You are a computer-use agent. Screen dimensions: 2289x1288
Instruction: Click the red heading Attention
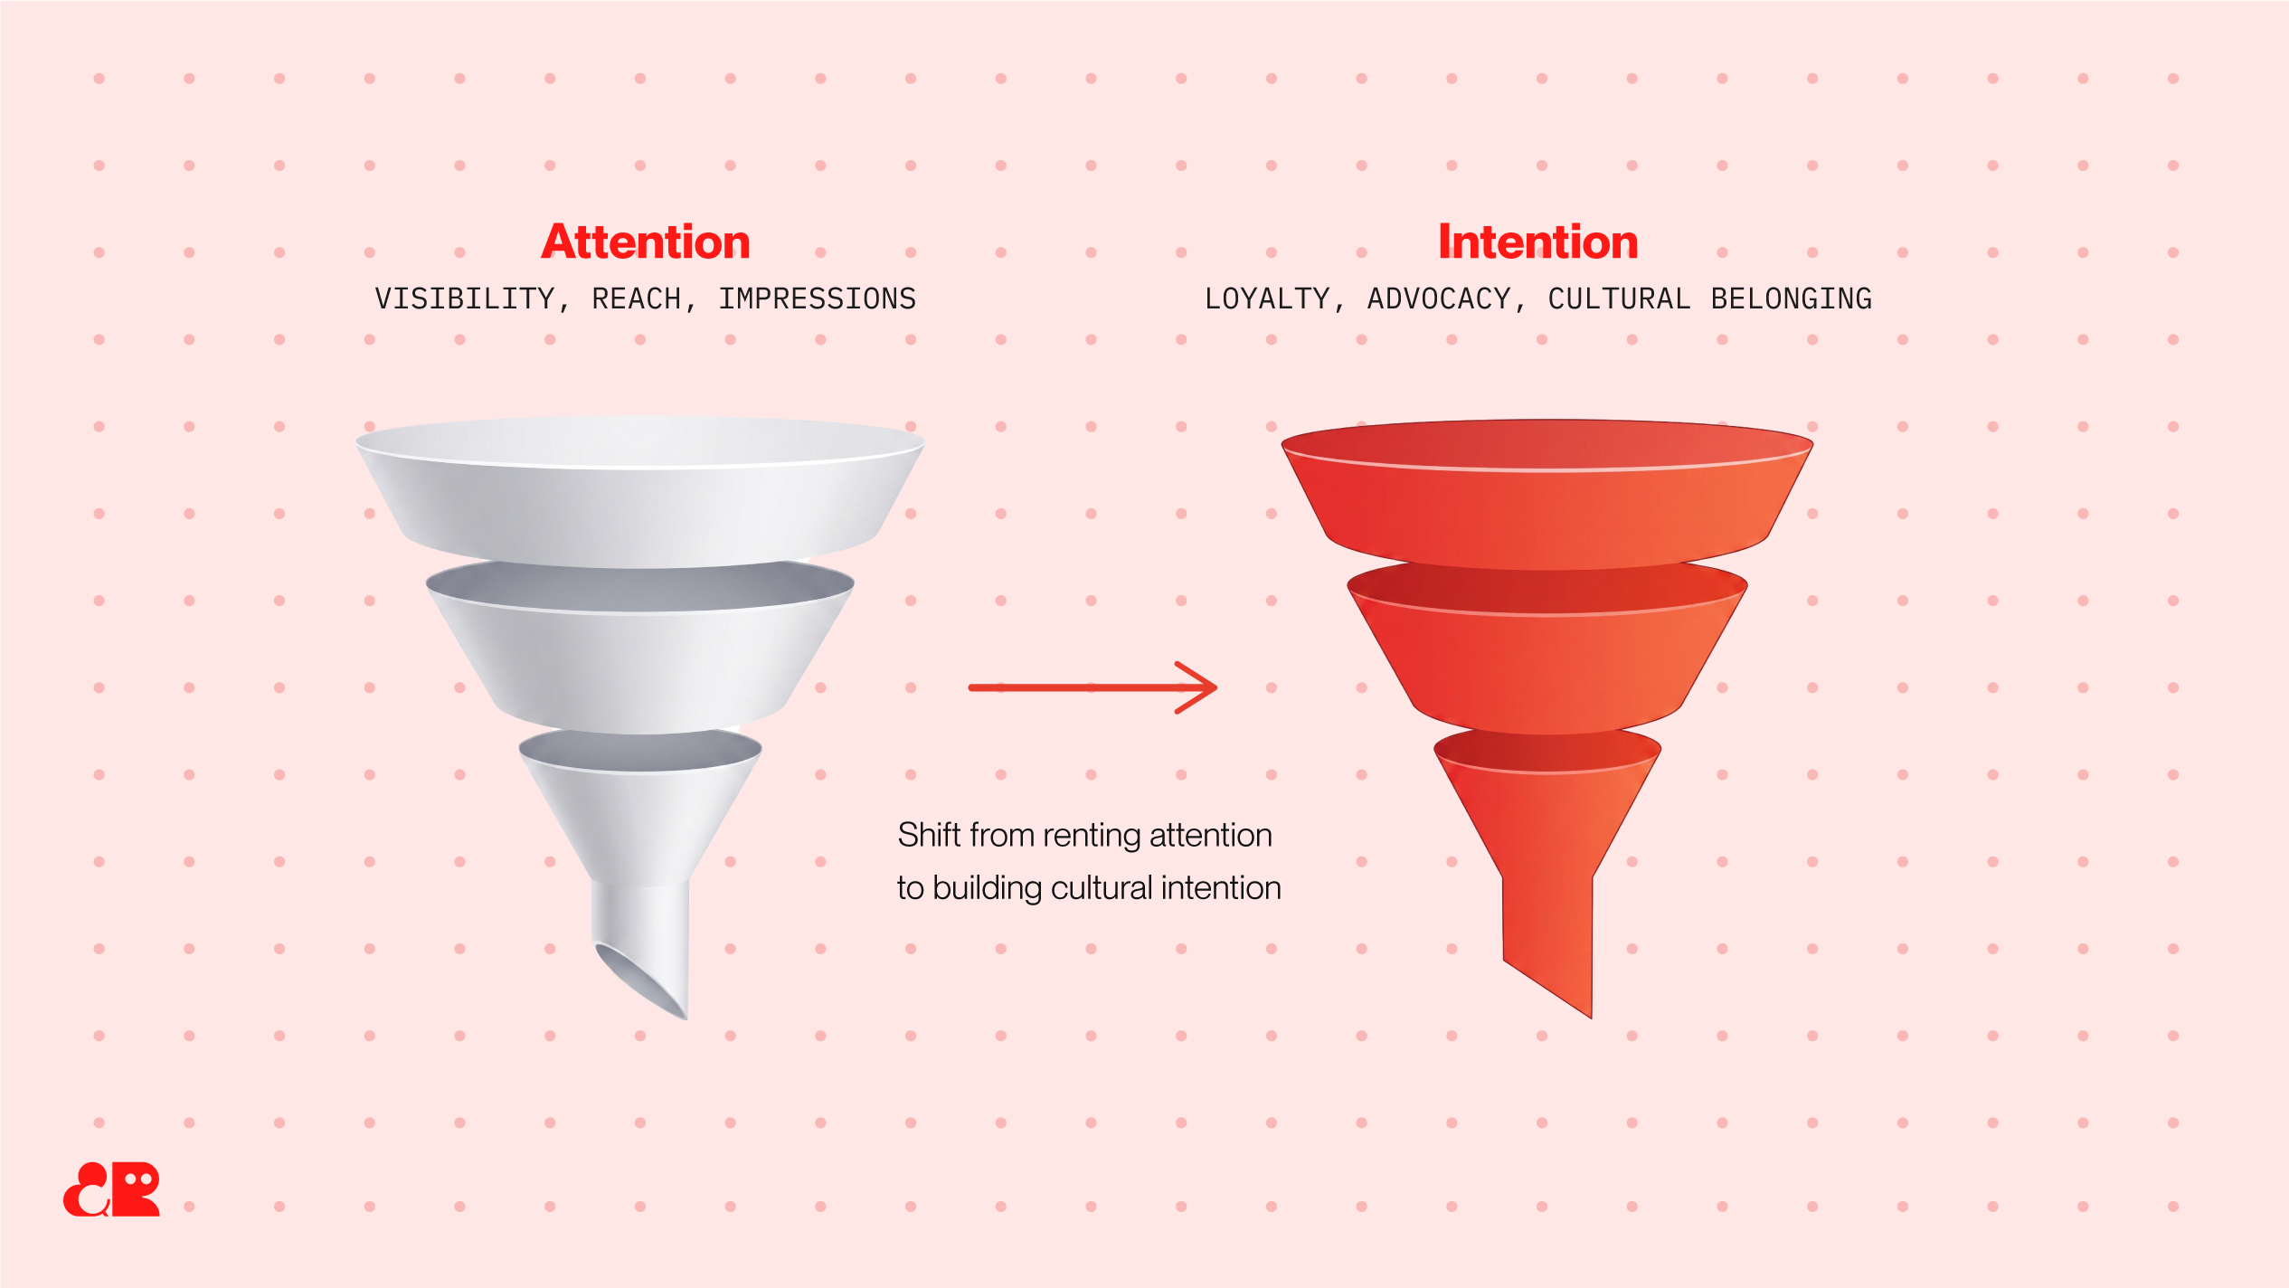(x=646, y=242)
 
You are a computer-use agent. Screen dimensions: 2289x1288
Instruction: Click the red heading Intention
(x=1537, y=242)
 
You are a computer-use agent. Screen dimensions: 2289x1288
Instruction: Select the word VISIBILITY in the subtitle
(x=464, y=298)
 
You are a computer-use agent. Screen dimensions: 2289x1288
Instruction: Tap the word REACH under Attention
(x=636, y=298)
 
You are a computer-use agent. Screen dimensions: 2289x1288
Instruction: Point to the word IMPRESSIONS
(x=818, y=298)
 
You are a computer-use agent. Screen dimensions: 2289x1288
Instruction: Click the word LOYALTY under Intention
(x=1267, y=298)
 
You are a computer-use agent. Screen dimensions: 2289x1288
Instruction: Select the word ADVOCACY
(x=1439, y=298)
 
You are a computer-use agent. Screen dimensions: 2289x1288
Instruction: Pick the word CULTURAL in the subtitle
(x=1619, y=298)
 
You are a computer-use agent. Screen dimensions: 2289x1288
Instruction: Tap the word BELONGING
(x=1792, y=298)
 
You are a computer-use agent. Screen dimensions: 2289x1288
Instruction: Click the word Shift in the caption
(x=929, y=835)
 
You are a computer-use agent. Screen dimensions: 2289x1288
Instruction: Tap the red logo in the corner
(x=111, y=1189)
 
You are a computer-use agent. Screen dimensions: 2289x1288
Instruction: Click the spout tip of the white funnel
(x=685, y=1018)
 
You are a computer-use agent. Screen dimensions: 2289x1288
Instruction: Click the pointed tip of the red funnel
(x=1590, y=1017)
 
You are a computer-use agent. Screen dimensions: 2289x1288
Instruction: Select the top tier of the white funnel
(x=640, y=493)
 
